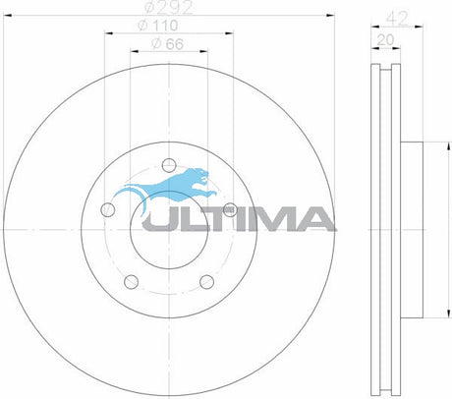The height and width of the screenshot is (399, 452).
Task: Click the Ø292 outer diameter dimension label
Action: pos(168,10)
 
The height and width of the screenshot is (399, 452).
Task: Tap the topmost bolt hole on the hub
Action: pos(168,163)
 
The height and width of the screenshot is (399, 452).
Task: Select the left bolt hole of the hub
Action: pos(108,208)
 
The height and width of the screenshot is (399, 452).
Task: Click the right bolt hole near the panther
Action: pos(229,208)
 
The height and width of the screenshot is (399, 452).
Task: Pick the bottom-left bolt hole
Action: pos(131,279)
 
